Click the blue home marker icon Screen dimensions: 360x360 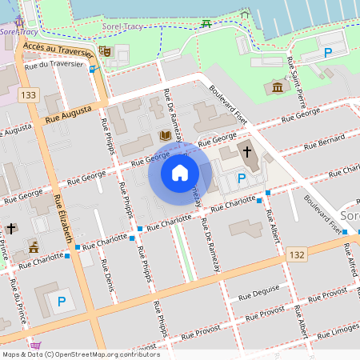point(180,173)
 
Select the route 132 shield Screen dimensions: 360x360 point(298,254)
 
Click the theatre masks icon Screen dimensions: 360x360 point(104,51)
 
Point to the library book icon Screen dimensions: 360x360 point(165,135)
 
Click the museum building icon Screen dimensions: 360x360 point(278,86)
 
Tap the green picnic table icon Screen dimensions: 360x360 point(206,23)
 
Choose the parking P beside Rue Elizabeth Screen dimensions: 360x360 point(61,302)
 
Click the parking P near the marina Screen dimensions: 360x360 point(327,53)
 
